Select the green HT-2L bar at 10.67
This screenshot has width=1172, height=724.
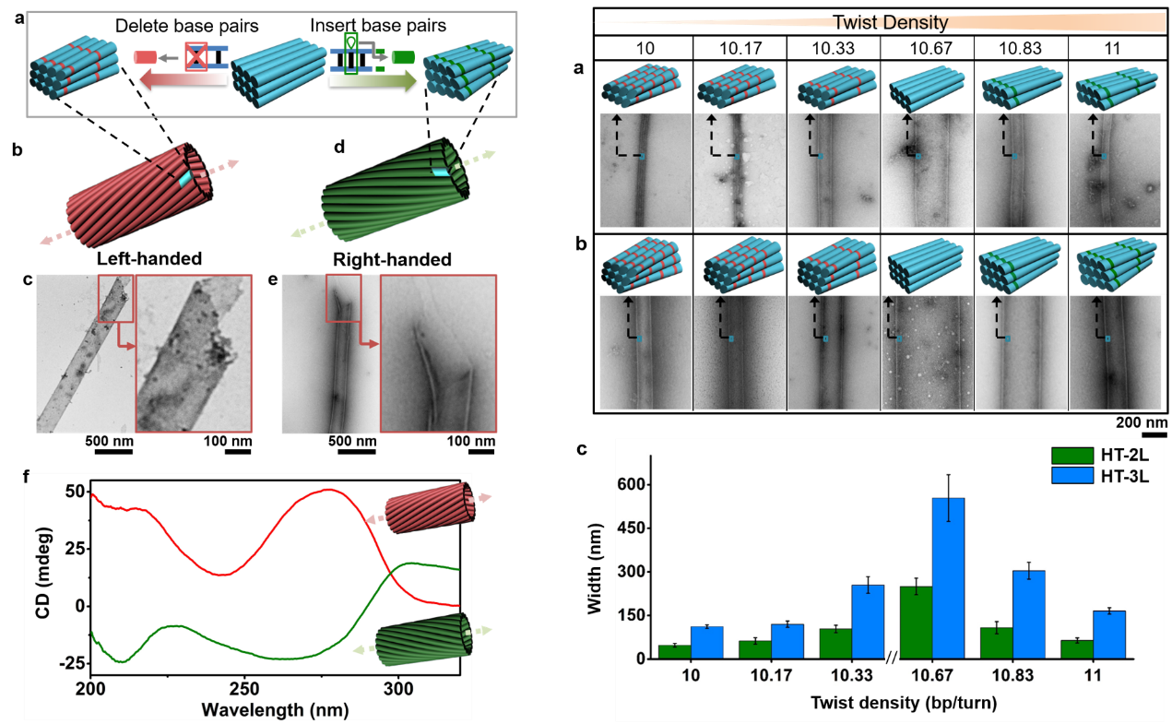coord(916,623)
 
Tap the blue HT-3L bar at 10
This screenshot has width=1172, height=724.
coord(706,643)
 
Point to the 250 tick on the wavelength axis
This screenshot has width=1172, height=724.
coord(244,690)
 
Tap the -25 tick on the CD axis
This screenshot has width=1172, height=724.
coord(71,663)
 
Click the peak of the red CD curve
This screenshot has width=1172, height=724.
coord(329,490)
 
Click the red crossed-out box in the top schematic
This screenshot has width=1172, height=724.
coord(195,57)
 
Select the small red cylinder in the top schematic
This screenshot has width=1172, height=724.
coord(144,57)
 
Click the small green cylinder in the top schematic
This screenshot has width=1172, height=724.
coord(402,57)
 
